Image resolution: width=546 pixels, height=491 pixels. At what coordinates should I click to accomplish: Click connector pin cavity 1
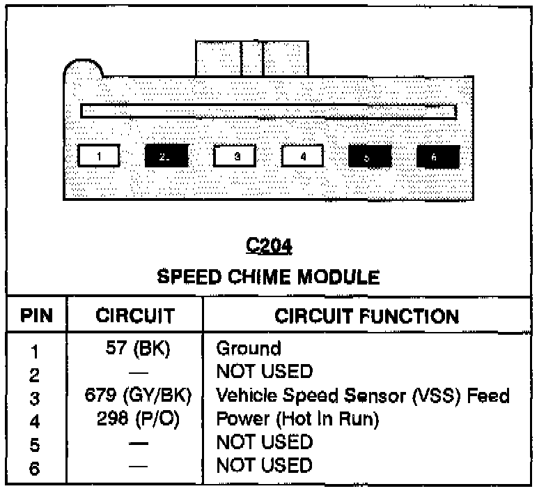pyautogui.click(x=98, y=156)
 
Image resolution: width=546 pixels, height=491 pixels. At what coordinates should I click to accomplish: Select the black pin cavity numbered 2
pyautogui.click(x=165, y=156)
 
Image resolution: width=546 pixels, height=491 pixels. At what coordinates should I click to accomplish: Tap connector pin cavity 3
pyautogui.click(x=235, y=156)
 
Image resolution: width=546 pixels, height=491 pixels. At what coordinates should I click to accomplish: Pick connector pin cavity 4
pyautogui.click(x=302, y=156)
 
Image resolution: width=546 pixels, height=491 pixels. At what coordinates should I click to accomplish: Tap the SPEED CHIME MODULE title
pyautogui.click(x=269, y=278)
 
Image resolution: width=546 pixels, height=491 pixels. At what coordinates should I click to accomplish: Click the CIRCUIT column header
pyautogui.click(x=134, y=316)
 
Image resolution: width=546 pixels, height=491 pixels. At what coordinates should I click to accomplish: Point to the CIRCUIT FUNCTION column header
pyautogui.click(x=367, y=316)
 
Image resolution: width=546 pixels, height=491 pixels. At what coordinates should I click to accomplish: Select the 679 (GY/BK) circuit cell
pyautogui.click(x=134, y=396)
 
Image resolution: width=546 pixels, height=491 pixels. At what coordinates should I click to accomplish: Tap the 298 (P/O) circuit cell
pyautogui.click(x=134, y=419)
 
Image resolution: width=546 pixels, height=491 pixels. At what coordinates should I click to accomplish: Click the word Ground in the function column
pyautogui.click(x=249, y=348)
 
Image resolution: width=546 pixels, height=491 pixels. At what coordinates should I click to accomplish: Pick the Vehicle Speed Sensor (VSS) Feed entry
pyautogui.click(x=363, y=396)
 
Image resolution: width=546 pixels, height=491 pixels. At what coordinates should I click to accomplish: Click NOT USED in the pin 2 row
pyautogui.click(x=264, y=372)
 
